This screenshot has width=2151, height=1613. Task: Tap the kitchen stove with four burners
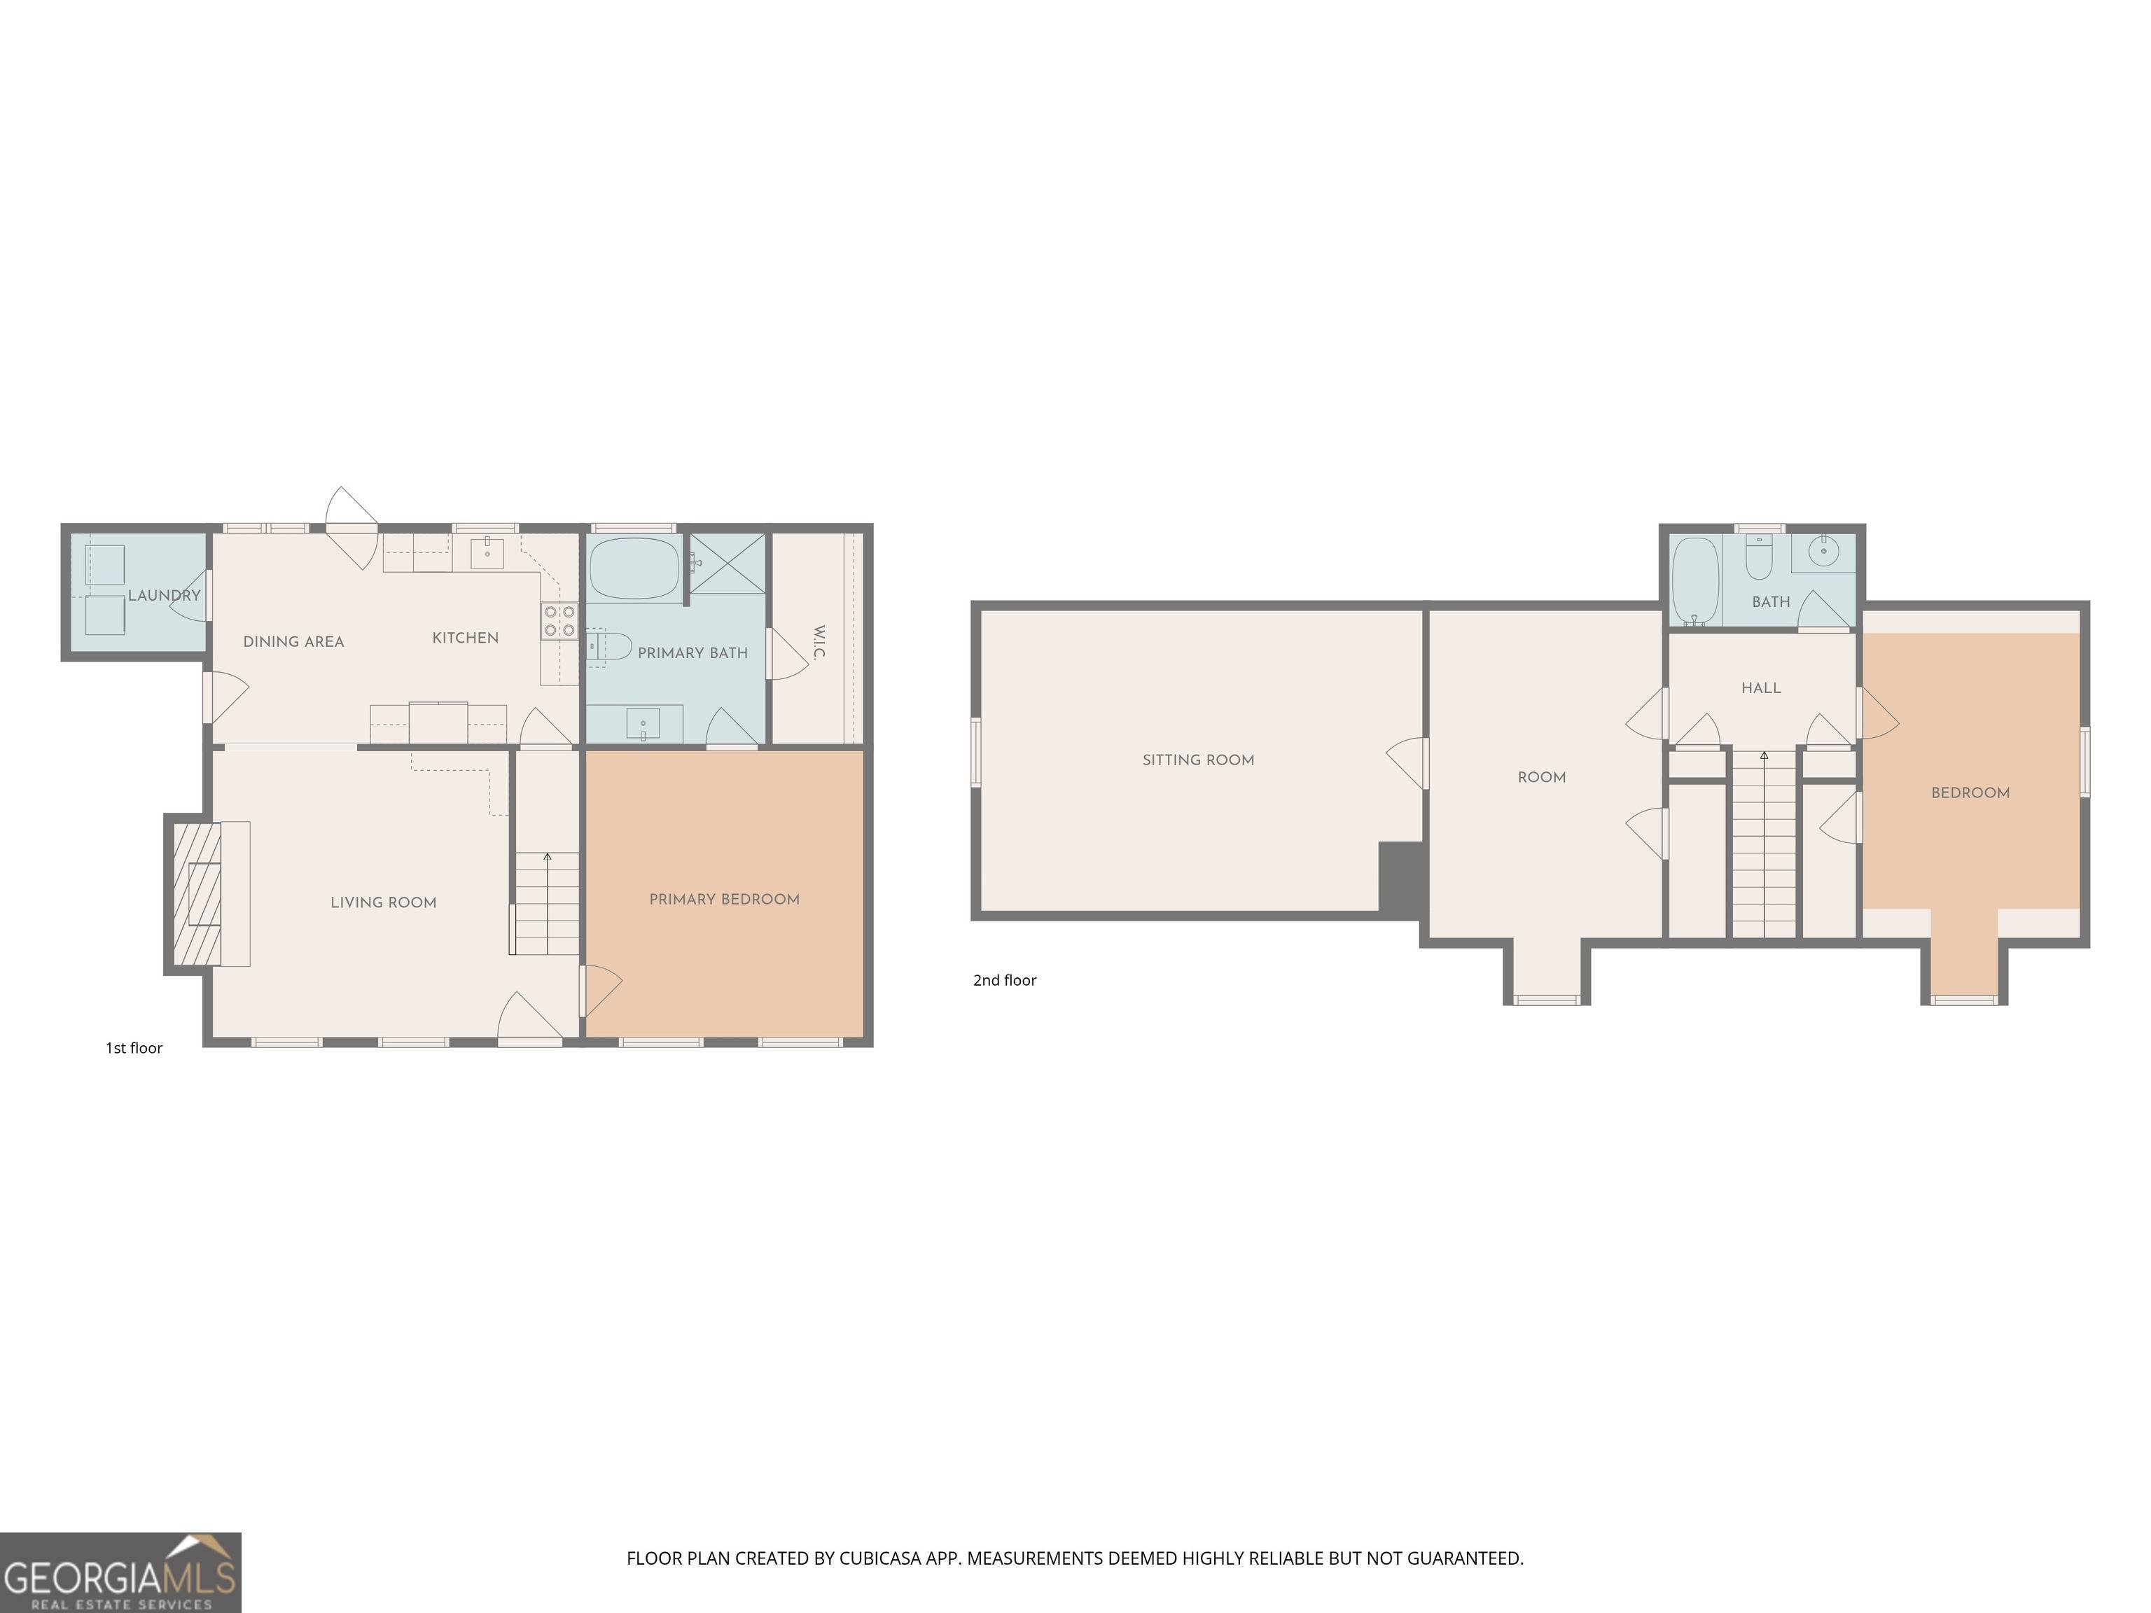click(559, 621)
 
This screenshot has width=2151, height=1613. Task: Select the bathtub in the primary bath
click(634, 568)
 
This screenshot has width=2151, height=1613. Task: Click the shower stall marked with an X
click(728, 562)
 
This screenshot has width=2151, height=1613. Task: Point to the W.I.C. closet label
click(818, 643)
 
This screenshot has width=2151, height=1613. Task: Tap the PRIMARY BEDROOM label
click(725, 900)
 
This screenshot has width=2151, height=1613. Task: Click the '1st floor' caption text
click(134, 1048)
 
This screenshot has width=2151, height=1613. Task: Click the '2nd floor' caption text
click(1005, 980)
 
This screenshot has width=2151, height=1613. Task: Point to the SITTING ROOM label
click(1198, 760)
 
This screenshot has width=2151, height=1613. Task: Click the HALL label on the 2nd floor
click(1761, 688)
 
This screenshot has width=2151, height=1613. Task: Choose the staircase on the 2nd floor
click(1764, 846)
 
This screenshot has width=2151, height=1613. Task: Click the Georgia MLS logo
click(120, 1573)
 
